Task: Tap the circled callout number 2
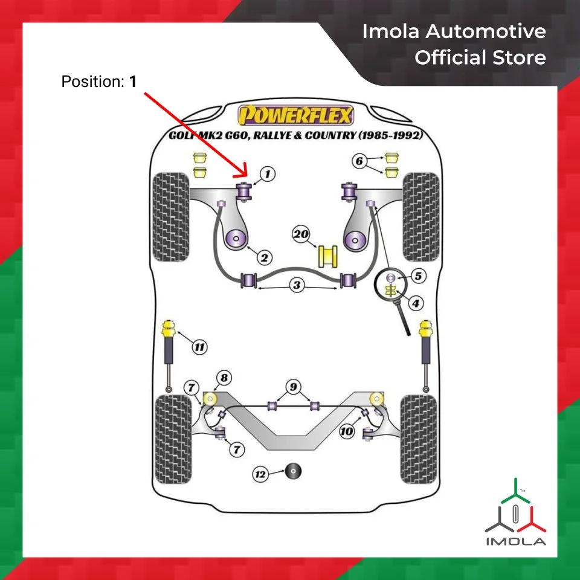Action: [263, 258]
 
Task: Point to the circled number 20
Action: [301, 234]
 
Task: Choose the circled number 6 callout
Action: [359, 161]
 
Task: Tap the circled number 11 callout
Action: [199, 347]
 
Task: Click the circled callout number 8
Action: [224, 378]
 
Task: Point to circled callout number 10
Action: [346, 431]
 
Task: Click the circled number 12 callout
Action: [260, 475]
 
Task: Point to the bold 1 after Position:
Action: [133, 82]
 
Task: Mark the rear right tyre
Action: [418, 439]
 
